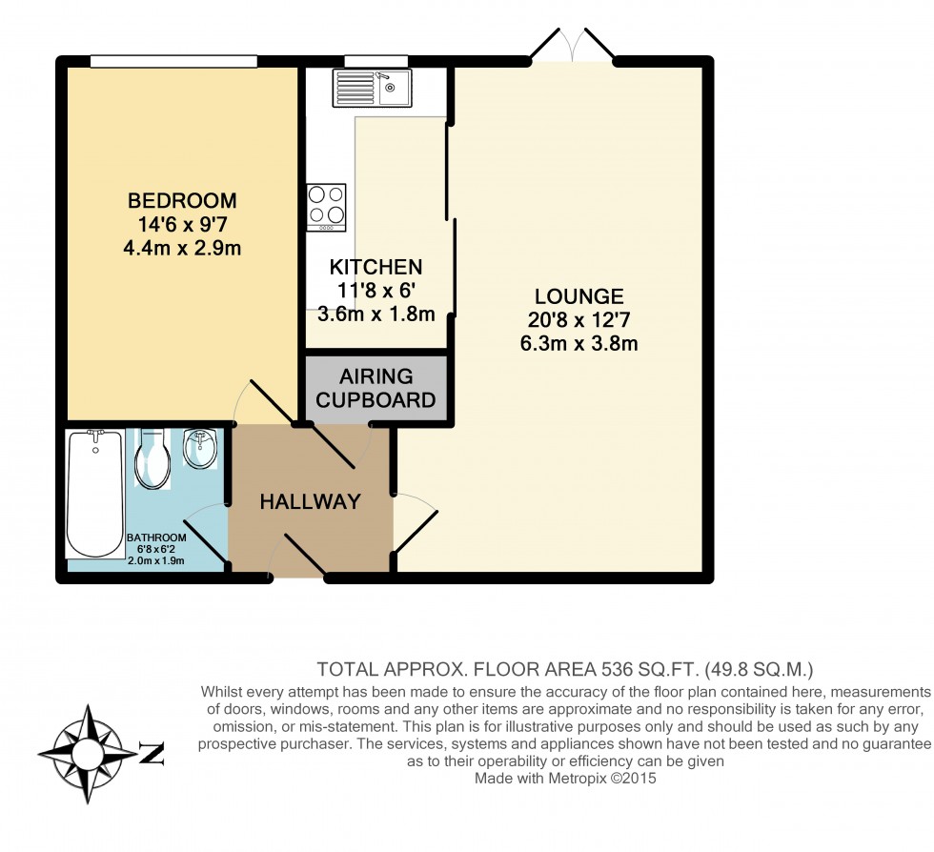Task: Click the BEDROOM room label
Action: click(x=182, y=201)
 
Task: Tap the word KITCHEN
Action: click(x=376, y=267)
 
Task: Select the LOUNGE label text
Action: click(x=579, y=296)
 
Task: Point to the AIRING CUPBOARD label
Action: click(x=376, y=388)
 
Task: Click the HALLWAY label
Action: click(x=311, y=501)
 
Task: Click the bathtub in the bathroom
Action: click(x=93, y=494)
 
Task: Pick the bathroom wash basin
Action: click(x=199, y=449)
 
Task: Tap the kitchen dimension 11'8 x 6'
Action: click(x=376, y=291)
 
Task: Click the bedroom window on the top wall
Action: click(x=173, y=62)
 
